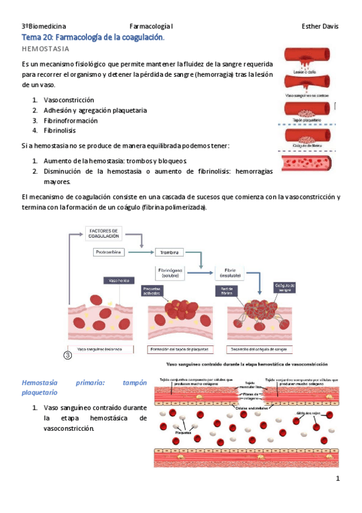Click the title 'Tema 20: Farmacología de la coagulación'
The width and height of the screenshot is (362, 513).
(93, 38)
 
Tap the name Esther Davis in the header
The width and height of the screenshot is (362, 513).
(320, 27)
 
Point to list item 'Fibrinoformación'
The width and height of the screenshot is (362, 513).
(71, 120)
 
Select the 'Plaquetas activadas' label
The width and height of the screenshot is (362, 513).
(154, 291)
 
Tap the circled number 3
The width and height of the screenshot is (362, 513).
(68, 355)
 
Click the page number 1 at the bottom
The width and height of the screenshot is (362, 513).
(338, 479)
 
